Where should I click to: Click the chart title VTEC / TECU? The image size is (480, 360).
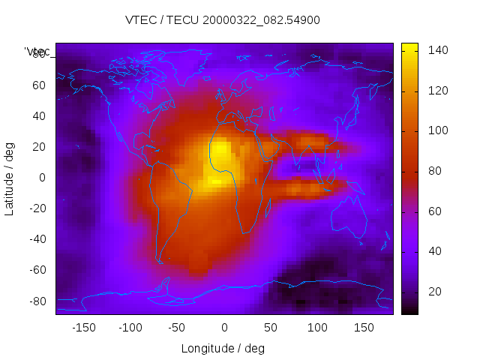[223, 20]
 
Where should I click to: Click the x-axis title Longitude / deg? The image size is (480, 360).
[223, 348]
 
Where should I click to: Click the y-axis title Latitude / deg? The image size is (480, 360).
[10, 178]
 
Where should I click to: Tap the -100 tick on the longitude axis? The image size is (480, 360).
[130, 327]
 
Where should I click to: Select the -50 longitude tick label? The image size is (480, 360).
[177, 327]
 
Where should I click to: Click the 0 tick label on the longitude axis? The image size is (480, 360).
[223, 327]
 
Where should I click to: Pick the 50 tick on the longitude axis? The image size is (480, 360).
[271, 327]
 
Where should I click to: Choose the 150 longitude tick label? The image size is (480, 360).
[364, 327]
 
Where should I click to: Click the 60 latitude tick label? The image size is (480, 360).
[39, 85]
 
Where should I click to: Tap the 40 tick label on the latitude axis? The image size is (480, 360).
[39, 116]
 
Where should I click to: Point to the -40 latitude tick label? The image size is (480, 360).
[37, 239]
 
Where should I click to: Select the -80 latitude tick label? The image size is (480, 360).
[37, 301]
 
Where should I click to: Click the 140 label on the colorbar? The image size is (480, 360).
[438, 50]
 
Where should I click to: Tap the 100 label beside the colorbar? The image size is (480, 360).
[438, 130]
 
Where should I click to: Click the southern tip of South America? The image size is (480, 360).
[159, 260]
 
